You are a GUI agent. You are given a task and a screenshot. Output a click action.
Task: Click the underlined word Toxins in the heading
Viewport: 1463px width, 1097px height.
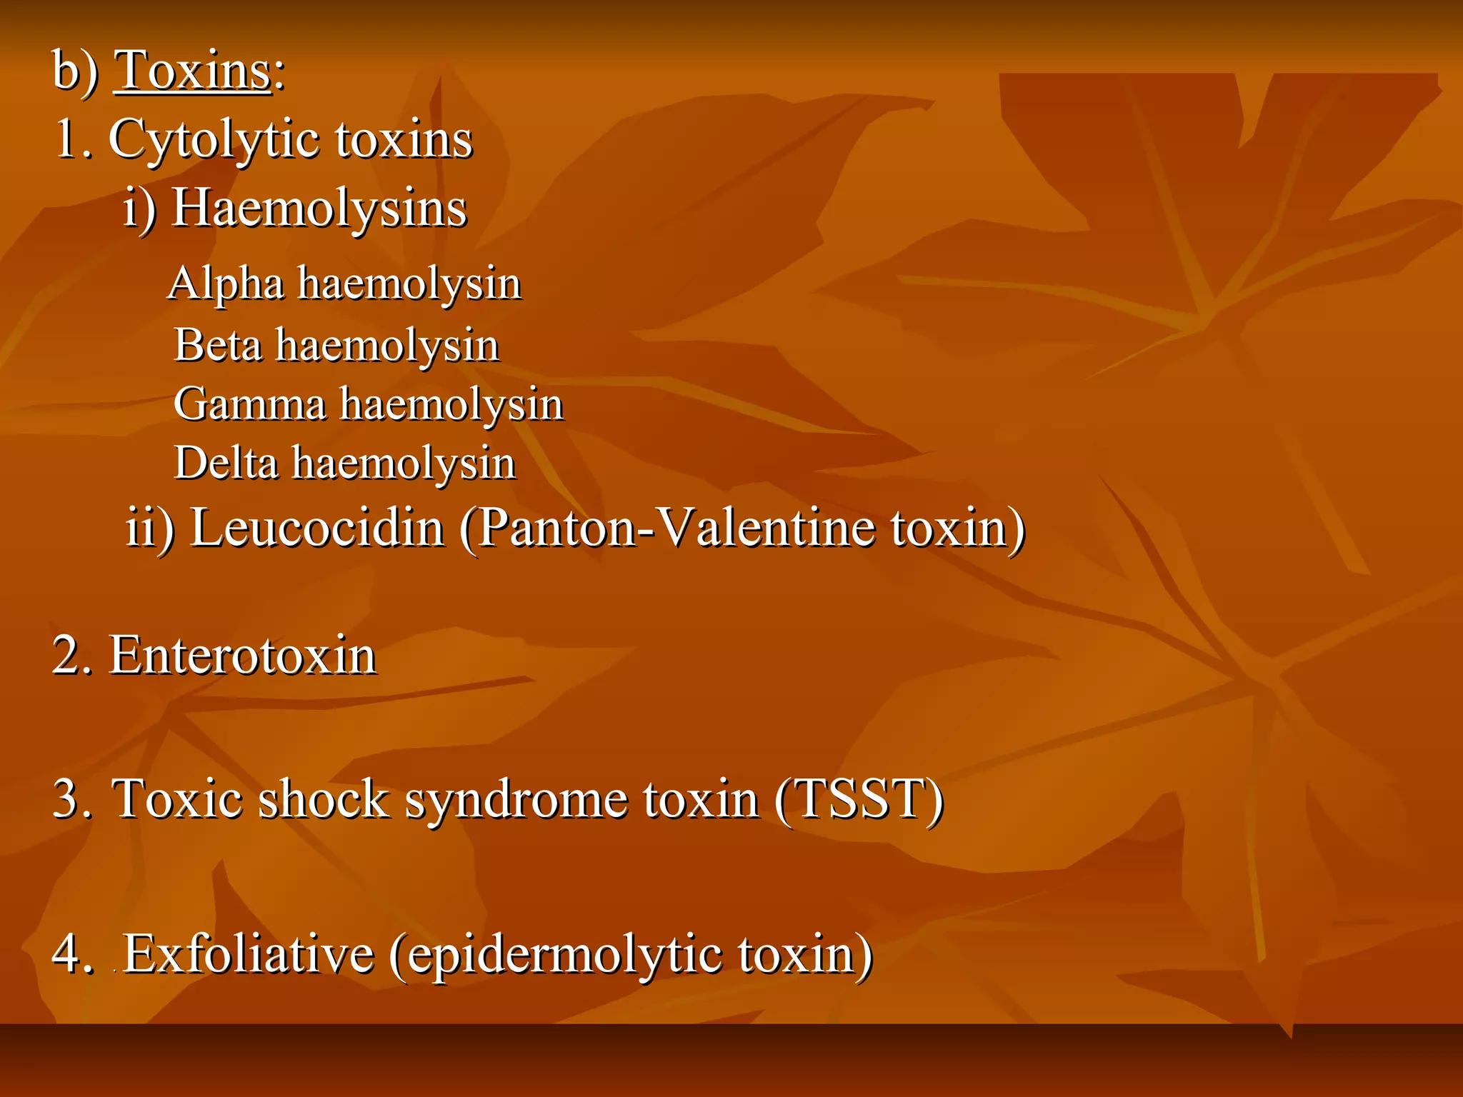pos(193,71)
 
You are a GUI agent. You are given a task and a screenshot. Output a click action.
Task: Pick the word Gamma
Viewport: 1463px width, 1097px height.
pos(250,404)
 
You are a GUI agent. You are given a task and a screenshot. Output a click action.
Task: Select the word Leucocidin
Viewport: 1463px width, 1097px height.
pos(317,529)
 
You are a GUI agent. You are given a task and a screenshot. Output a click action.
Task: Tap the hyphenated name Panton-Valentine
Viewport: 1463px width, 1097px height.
pos(676,529)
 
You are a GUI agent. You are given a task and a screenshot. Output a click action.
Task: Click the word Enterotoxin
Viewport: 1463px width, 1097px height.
pos(242,656)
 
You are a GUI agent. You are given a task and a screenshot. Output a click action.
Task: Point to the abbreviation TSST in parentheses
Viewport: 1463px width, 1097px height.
pos(858,798)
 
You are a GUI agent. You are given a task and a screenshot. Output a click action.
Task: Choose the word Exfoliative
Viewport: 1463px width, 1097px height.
pos(249,954)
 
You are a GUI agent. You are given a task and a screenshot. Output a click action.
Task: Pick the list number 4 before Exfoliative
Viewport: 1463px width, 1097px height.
pos(68,954)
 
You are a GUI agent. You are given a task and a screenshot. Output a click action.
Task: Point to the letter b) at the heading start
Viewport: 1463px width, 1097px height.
pos(75,72)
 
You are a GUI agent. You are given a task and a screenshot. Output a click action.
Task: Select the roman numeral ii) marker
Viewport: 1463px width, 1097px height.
pos(149,529)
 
